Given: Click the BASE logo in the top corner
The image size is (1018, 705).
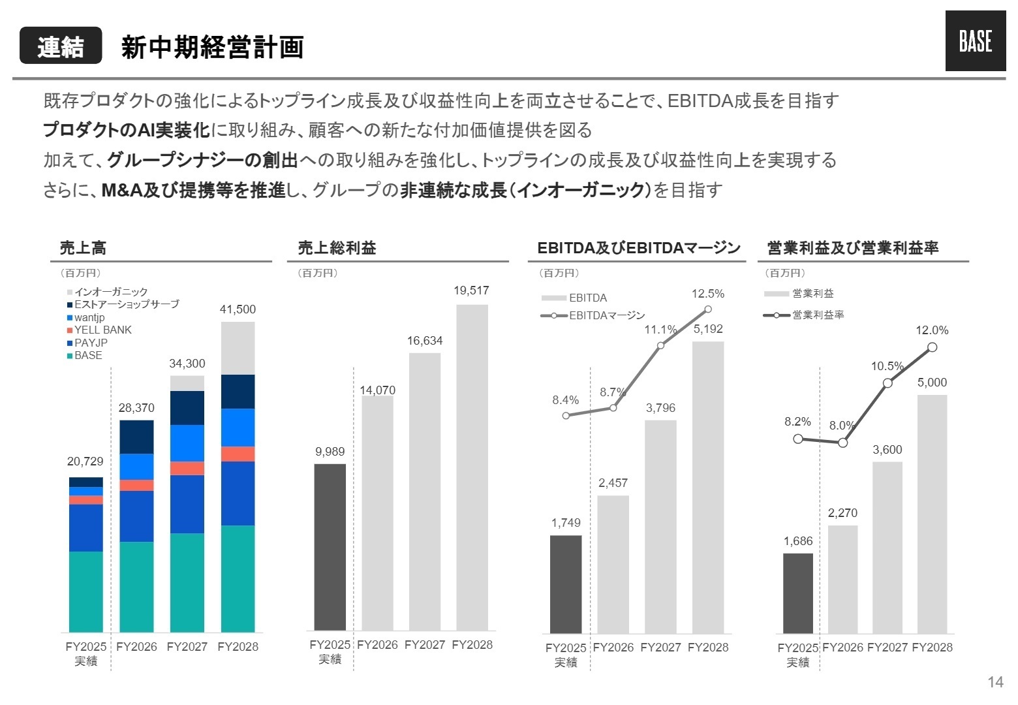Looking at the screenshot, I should pos(975,41).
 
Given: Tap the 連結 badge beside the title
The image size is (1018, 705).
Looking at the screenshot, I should pos(61,46).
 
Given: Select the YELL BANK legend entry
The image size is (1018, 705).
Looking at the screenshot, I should pos(102,330).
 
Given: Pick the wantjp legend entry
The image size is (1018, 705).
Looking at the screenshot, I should pos(89,318).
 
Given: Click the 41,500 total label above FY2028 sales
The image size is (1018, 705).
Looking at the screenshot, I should pos(238,309).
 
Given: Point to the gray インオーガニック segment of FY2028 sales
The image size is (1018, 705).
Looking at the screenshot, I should pos(238,348).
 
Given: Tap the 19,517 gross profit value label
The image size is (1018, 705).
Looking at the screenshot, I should pos(471,291).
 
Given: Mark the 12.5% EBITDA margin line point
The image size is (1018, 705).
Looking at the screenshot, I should pos(708,309).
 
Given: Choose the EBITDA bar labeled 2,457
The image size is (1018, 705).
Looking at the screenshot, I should pos(613,564).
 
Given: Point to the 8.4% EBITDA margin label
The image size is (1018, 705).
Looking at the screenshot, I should pos(565,400).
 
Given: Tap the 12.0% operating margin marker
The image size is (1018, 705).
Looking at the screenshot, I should pos(932,347).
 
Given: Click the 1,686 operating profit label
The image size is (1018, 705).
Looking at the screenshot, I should pos(797,541).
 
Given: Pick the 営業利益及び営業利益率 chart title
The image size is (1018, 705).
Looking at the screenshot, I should pos(852,248).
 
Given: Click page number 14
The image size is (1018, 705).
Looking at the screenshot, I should pos(995,682).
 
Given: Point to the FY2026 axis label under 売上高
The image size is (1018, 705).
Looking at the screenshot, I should pos(136,647).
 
